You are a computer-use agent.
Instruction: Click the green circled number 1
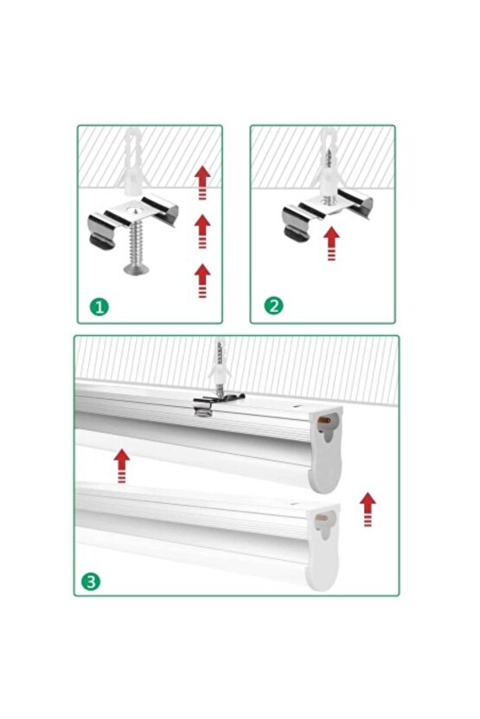coord(99,307)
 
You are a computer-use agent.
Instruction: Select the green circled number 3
coord(93,581)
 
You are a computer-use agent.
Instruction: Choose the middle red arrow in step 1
coord(202,231)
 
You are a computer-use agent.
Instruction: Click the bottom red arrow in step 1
coord(202,281)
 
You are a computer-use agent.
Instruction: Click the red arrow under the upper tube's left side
coord(122,464)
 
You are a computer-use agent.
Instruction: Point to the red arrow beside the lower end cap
coord(367,510)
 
